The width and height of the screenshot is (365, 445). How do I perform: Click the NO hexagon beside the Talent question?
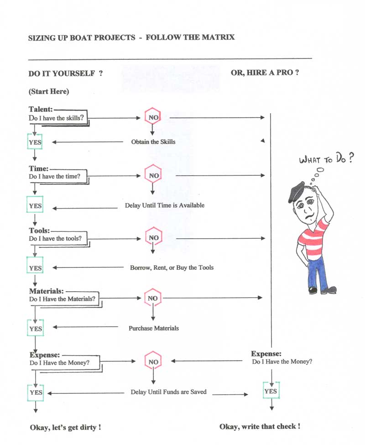click(152, 117)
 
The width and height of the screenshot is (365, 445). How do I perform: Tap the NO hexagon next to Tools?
click(154, 238)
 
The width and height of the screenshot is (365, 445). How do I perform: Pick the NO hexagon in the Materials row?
click(152, 298)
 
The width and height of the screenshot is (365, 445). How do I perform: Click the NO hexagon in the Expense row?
click(153, 361)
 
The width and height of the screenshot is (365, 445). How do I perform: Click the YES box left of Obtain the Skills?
click(35, 142)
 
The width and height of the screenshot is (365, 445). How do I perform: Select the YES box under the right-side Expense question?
click(270, 391)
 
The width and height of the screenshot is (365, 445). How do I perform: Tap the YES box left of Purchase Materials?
click(35, 329)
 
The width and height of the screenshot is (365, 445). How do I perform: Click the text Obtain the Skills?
click(153, 142)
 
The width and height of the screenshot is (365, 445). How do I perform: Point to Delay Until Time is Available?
click(165, 205)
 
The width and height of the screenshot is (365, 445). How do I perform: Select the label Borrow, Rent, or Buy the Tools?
click(172, 267)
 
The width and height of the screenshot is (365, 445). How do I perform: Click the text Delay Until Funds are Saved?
click(168, 392)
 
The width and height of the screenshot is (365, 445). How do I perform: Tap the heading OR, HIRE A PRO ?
click(265, 73)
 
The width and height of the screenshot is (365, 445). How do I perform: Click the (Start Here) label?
click(49, 91)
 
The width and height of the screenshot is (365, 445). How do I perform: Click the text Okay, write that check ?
click(260, 426)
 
